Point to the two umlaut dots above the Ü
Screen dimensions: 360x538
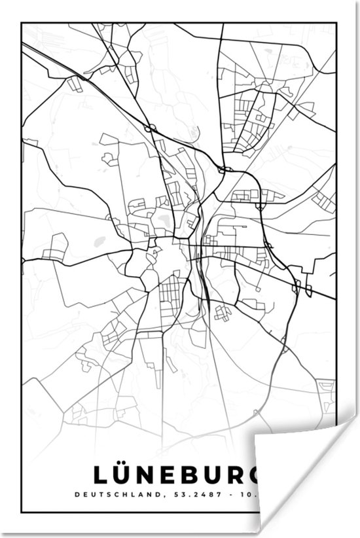pyautogui.click(x=129, y=463)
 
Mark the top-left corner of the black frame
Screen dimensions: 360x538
pyautogui.click(x=22, y=24)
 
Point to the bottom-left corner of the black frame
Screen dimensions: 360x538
pyautogui.click(x=22, y=512)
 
